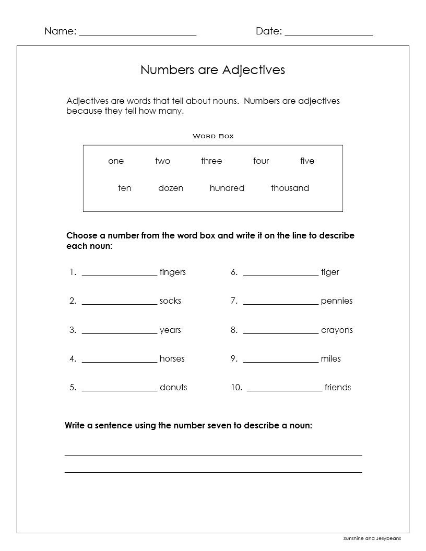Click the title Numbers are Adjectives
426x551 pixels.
coord(212,70)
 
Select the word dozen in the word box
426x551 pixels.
coord(171,188)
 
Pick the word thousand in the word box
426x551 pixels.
coord(290,188)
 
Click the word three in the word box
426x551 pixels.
coord(211,161)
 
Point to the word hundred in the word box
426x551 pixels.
coord(227,188)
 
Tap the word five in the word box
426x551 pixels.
coord(307,161)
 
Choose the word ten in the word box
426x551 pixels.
coord(125,188)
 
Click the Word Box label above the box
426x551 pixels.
coord(213,136)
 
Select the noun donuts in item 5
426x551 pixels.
coord(173,387)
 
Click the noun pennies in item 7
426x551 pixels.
coord(337,301)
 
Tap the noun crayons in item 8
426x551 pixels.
coord(337,330)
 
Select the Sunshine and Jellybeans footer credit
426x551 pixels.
coord(375,538)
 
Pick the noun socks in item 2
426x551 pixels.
coord(170,301)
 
